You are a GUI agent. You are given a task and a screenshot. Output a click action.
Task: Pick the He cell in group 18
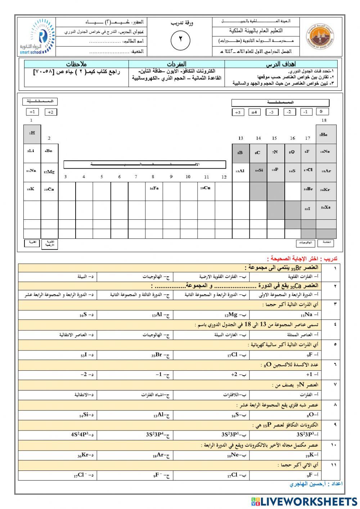tap(325, 134)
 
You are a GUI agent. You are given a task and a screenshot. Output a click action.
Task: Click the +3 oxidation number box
tap(238, 112)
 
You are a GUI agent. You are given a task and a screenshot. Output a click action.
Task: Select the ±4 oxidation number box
tap(255, 112)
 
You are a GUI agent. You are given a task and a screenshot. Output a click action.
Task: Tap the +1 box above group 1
tap(32, 112)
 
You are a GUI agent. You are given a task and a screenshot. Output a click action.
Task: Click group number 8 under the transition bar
tap(153, 177)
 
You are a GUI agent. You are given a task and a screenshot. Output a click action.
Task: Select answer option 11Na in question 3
tap(310, 315)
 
